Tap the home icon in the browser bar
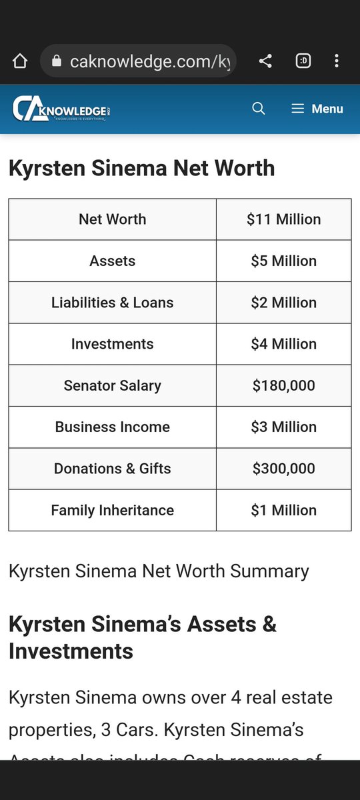(x=20, y=61)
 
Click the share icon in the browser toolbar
(x=265, y=61)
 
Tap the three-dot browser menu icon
(x=337, y=61)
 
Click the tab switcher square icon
(x=303, y=61)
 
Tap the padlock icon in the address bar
(x=56, y=61)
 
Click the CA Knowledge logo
(x=61, y=109)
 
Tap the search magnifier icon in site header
(x=259, y=109)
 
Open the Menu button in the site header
(x=317, y=109)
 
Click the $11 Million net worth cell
(x=283, y=219)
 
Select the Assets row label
(x=112, y=261)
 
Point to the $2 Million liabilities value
(x=283, y=303)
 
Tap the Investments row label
(x=112, y=344)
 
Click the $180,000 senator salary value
(x=283, y=385)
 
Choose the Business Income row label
(x=112, y=427)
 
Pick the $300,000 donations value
(x=283, y=469)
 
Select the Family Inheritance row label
(x=112, y=510)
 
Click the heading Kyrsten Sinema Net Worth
(x=141, y=168)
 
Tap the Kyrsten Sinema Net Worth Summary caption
(x=159, y=571)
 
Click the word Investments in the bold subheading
(x=71, y=651)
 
